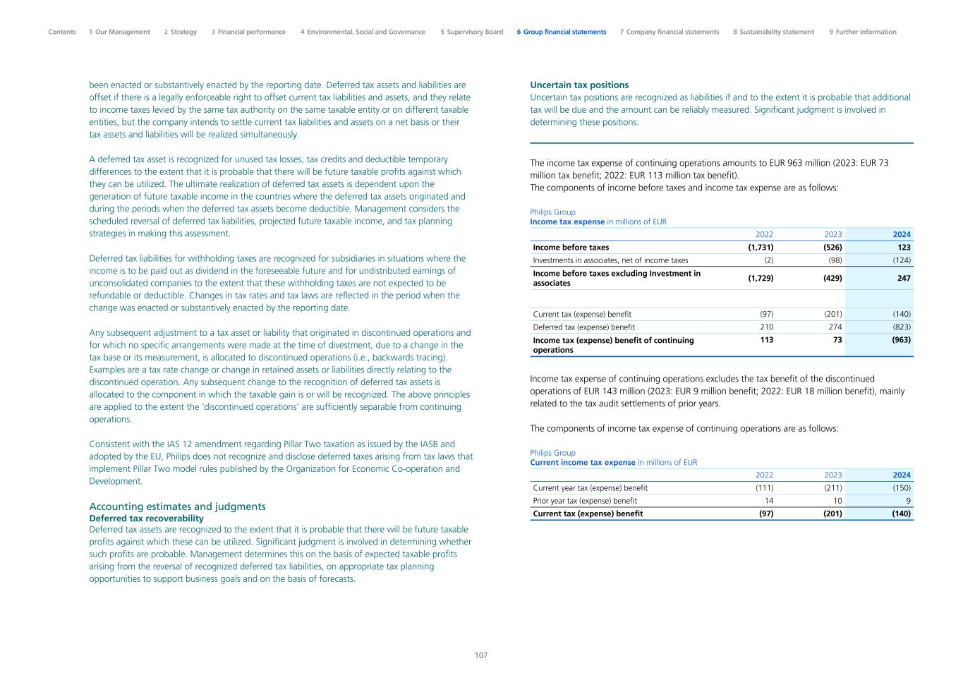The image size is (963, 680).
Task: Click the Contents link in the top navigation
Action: [x=62, y=32]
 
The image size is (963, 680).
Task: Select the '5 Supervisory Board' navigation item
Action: [x=471, y=32]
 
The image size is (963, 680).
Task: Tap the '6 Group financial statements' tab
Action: [x=561, y=32]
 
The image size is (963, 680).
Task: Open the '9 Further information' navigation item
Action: [x=862, y=32]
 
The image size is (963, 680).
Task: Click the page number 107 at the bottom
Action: [x=481, y=655]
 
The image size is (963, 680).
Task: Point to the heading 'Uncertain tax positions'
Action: [x=579, y=85]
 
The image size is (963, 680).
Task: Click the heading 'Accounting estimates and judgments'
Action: [x=177, y=506]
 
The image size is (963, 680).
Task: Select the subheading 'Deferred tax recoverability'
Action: [x=146, y=518]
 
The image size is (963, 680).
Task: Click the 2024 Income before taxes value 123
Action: [x=904, y=248]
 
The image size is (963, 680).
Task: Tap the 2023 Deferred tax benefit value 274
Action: [x=835, y=327]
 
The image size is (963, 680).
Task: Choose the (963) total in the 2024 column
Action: [x=901, y=340]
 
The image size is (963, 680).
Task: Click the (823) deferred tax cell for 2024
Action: [x=901, y=327]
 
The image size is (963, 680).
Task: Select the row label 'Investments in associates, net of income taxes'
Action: [x=610, y=260]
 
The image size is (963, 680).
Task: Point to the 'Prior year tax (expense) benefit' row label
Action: [x=585, y=501]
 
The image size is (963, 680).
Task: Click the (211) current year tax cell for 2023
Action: [x=832, y=488]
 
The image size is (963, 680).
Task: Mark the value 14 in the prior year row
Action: [x=769, y=501]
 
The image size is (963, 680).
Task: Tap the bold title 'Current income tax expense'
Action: [x=583, y=463]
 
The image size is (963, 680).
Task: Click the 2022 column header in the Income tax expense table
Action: [x=764, y=234]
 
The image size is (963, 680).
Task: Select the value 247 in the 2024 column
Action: [x=904, y=278]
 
